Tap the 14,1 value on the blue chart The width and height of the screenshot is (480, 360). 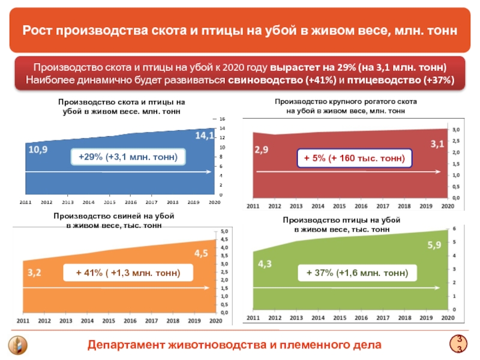tap(205, 136)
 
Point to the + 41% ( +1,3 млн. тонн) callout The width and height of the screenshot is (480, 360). tap(128, 273)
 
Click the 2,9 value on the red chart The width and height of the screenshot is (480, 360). tap(262, 149)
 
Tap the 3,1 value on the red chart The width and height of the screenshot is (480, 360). tap(437, 143)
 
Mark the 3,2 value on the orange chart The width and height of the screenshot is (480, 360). tap(34, 272)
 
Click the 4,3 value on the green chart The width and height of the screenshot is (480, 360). tap(265, 263)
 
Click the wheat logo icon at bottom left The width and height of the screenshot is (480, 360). tap(16, 346)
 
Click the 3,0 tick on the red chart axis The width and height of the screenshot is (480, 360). tap(455, 129)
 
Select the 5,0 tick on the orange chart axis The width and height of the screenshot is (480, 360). tap(225, 231)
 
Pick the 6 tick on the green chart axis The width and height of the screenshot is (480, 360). tap(454, 229)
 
